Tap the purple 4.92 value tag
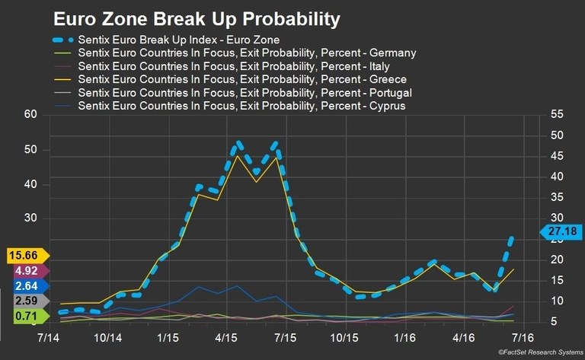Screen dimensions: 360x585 (x=27, y=270)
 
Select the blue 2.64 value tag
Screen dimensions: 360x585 (x=27, y=285)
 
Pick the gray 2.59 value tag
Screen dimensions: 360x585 (x=27, y=301)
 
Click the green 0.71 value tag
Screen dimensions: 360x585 (x=27, y=316)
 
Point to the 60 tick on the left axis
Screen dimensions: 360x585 (x=30, y=115)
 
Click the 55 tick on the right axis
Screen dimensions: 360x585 (x=555, y=114)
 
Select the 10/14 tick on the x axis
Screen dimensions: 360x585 (x=108, y=336)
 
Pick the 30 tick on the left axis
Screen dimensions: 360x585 (x=30, y=218)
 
